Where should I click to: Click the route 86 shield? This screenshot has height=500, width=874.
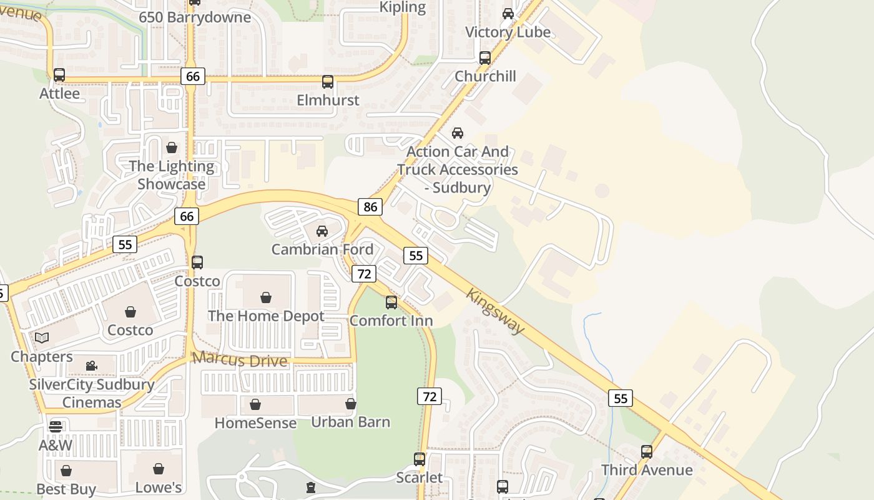(x=370, y=207)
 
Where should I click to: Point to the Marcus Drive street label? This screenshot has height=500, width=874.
(x=240, y=359)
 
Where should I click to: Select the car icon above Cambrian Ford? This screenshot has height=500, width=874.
(x=322, y=231)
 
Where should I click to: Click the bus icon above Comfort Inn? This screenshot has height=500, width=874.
(x=391, y=302)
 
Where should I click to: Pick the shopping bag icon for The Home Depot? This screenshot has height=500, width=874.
(x=266, y=297)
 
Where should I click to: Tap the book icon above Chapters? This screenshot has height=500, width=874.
(x=42, y=338)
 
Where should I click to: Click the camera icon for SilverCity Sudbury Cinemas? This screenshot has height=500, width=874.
(x=92, y=366)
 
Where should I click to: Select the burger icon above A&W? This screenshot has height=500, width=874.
(x=56, y=427)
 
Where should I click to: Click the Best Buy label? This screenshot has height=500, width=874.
(x=66, y=489)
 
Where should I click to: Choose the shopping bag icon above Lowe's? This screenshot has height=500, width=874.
(x=159, y=469)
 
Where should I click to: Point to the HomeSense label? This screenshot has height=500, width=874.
(x=255, y=423)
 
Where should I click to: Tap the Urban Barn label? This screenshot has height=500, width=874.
(x=351, y=422)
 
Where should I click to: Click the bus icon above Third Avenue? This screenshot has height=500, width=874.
(x=647, y=451)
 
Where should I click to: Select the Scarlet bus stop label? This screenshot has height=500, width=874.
(x=420, y=478)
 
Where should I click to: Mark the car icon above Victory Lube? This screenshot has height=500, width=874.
(x=508, y=14)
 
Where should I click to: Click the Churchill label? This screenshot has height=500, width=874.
(x=485, y=76)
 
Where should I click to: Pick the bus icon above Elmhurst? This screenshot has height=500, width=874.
(x=328, y=82)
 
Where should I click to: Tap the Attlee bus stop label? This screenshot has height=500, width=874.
(x=60, y=94)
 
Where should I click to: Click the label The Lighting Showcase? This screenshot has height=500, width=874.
(x=172, y=176)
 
